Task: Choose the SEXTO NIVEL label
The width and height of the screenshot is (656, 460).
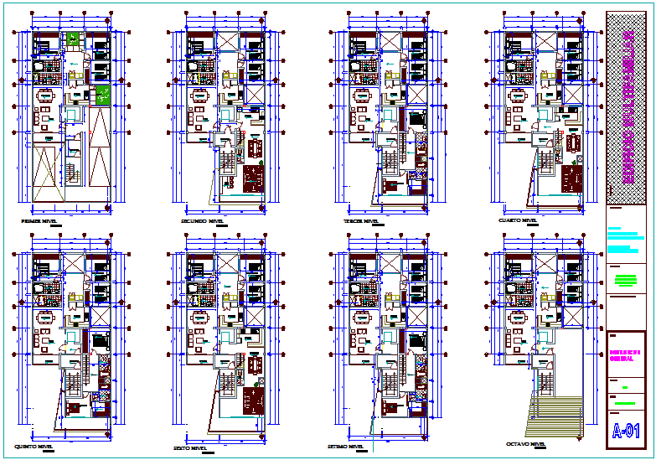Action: [x=190, y=447]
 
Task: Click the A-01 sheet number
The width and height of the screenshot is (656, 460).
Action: [x=626, y=432]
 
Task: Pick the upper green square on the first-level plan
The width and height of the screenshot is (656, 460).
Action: [x=74, y=39]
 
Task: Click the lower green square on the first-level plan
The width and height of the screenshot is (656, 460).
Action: [x=102, y=94]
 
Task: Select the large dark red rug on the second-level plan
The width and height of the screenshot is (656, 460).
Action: [x=251, y=178]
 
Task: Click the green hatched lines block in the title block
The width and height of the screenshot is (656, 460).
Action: [x=625, y=280]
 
